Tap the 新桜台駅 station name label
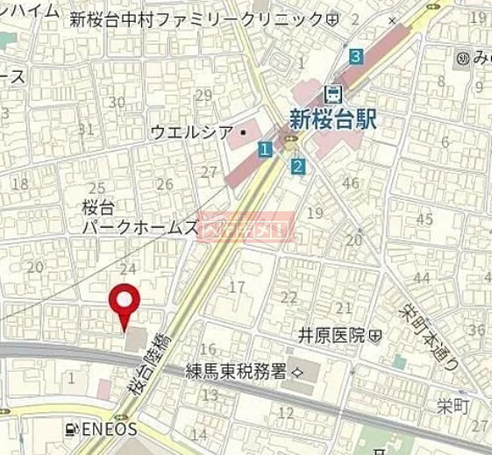click(x=332, y=119)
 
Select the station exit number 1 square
click(x=264, y=151)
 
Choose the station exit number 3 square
click(x=355, y=57)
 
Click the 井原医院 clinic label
click(x=333, y=335)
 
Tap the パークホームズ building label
click(x=139, y=227)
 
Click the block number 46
click(x=351, y=183)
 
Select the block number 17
click(x=236, y=287)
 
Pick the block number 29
click(x=204, y=96)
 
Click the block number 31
click(x=85, y=130)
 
